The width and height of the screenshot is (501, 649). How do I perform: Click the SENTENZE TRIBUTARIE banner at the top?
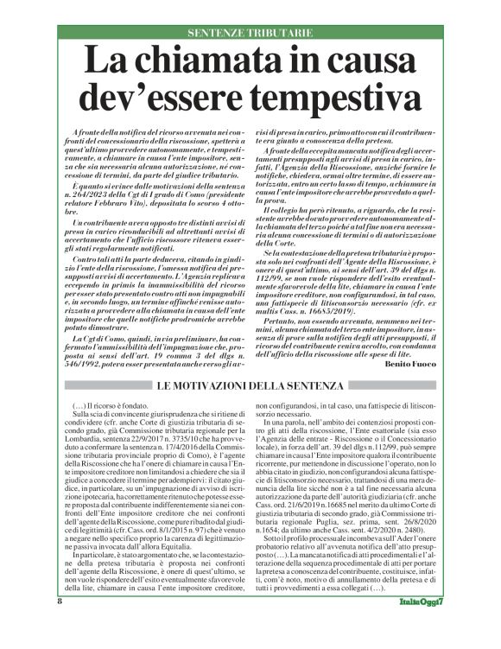point(250,33)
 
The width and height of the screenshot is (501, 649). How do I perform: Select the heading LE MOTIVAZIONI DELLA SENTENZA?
point(250,385)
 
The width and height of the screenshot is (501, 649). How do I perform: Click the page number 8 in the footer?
point(60,625)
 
